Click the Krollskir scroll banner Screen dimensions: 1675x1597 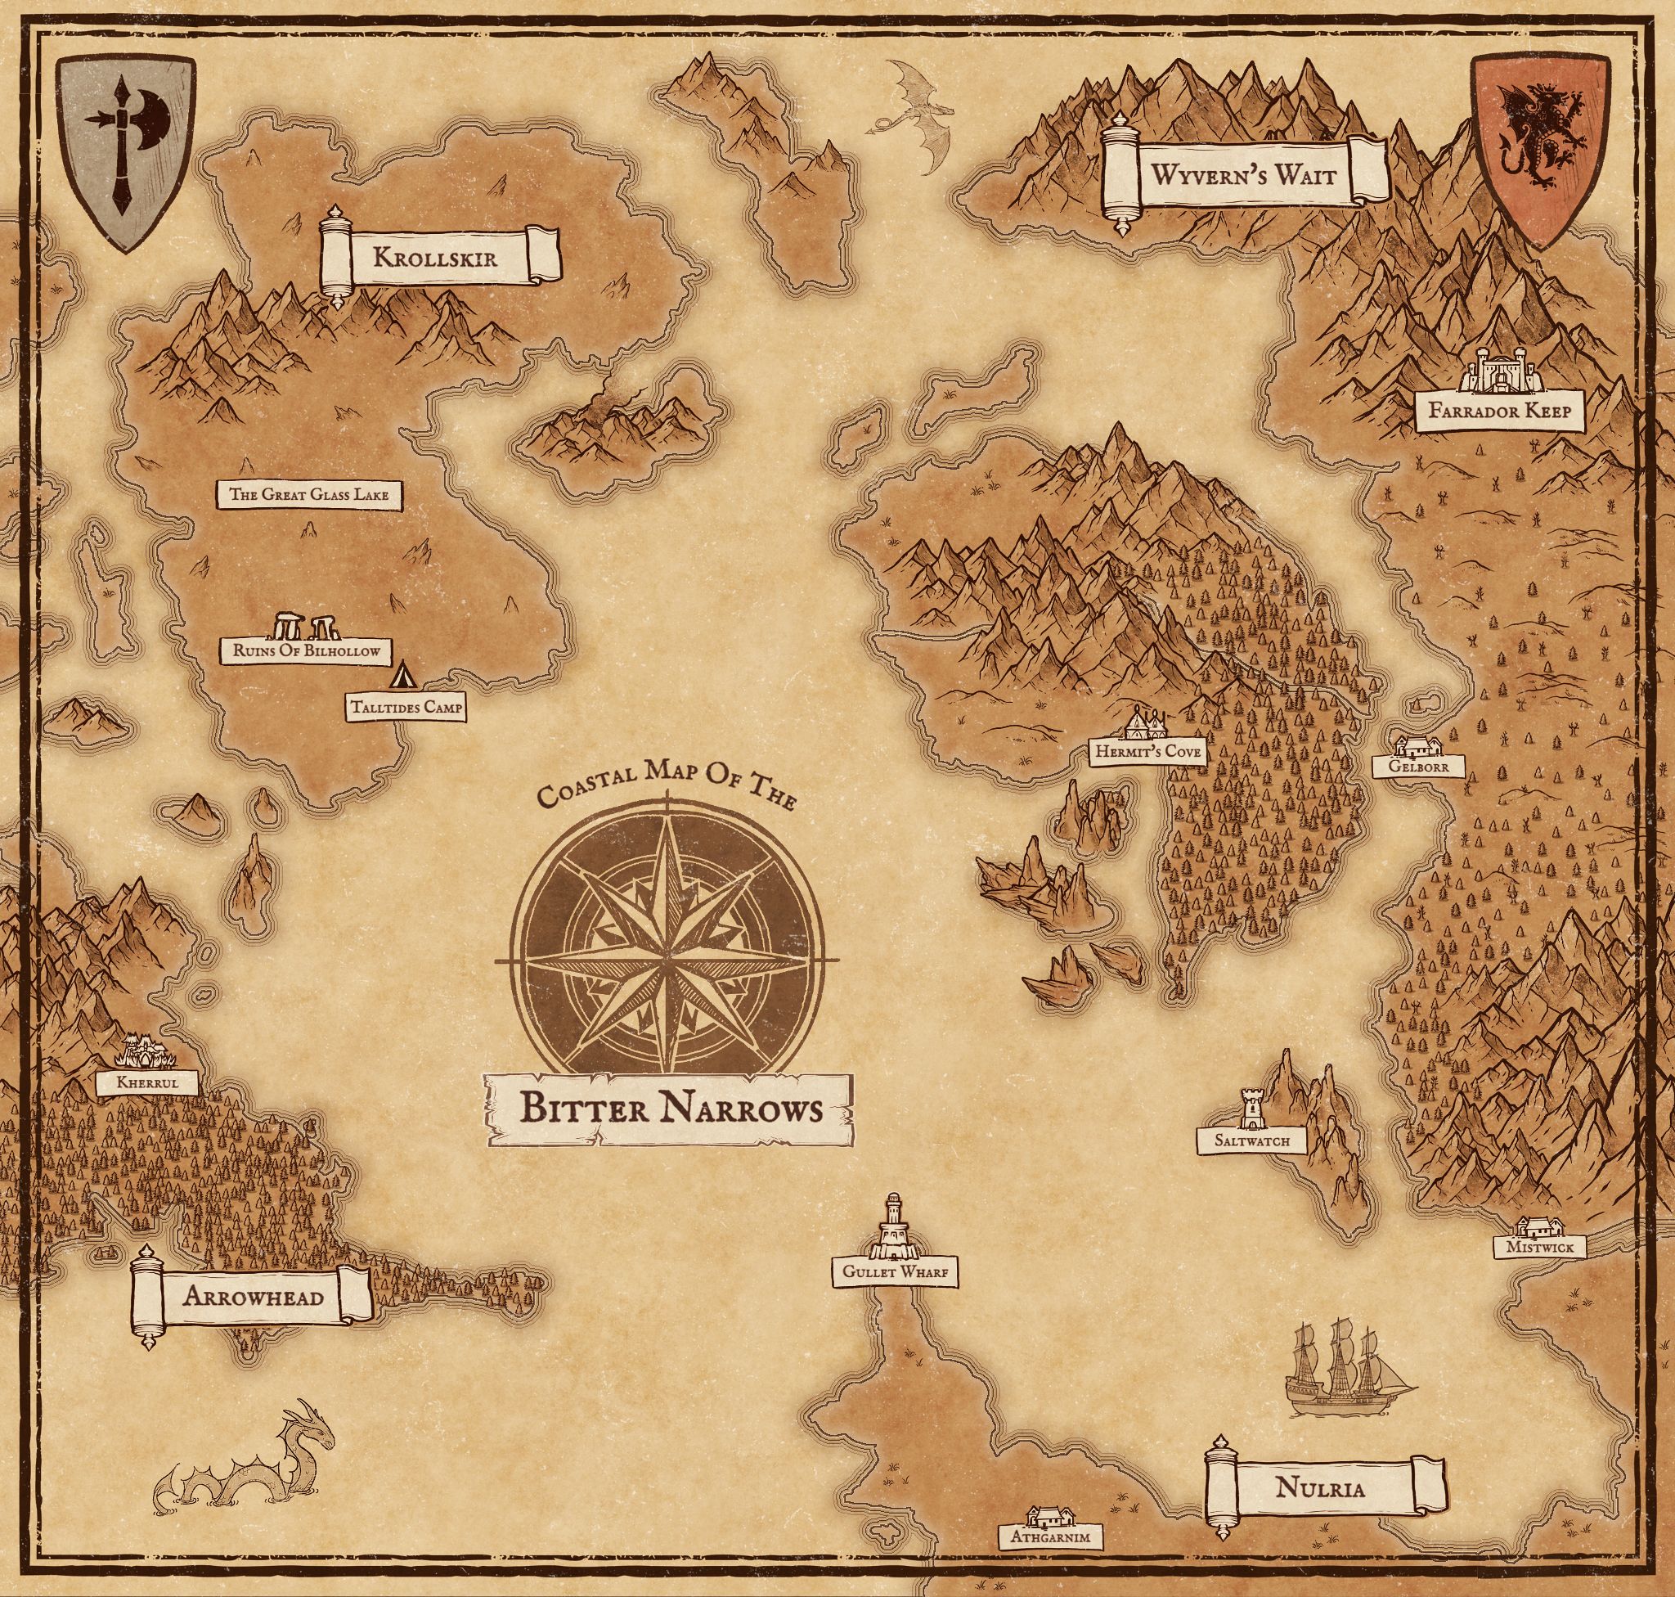[x=439, y=257]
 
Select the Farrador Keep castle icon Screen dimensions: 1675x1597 [x=1503, y=371]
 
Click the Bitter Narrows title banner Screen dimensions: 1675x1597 [x=670, y=1109]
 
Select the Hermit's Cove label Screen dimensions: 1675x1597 [x=1148, y=752]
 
